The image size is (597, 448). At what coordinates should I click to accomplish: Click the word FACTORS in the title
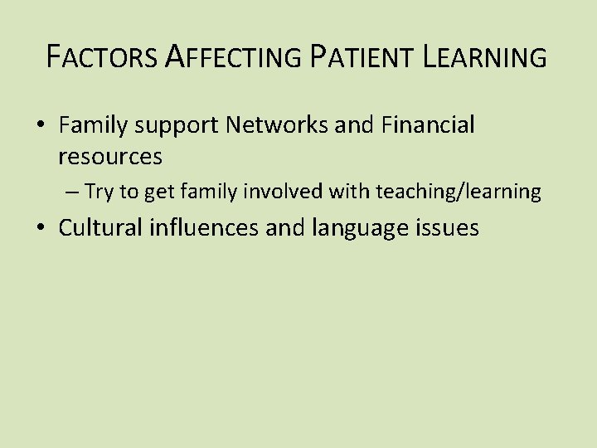coord(101,57)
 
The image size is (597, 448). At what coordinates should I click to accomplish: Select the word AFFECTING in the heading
coord(234,57)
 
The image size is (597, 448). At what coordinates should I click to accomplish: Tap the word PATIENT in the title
coord(362,57)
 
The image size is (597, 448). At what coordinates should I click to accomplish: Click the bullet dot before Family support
coord(41,126)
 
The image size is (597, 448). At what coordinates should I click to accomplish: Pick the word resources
coord(110,155)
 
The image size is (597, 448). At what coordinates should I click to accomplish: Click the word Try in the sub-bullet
coord(99,192)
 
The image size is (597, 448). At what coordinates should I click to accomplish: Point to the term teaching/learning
coord(459,192)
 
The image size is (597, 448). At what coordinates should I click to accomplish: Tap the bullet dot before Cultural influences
coord(41,229)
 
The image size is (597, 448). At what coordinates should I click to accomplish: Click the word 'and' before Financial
coord(357,125)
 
